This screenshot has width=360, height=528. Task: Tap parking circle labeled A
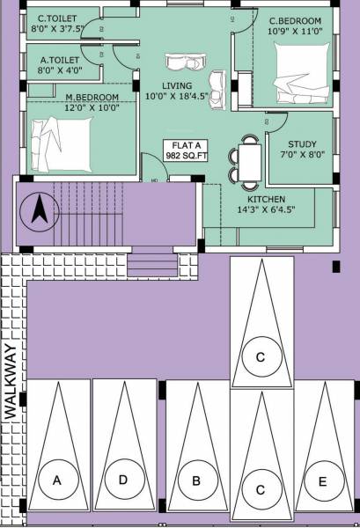[x=58, y=480]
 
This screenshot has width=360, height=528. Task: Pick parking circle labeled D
[x=123, y=480]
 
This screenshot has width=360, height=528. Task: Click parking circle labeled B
[x=196, y=480]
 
